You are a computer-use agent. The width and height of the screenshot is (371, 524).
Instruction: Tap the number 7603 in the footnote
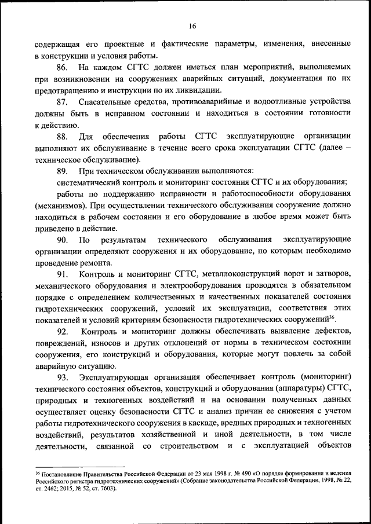tap(105, 488)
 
